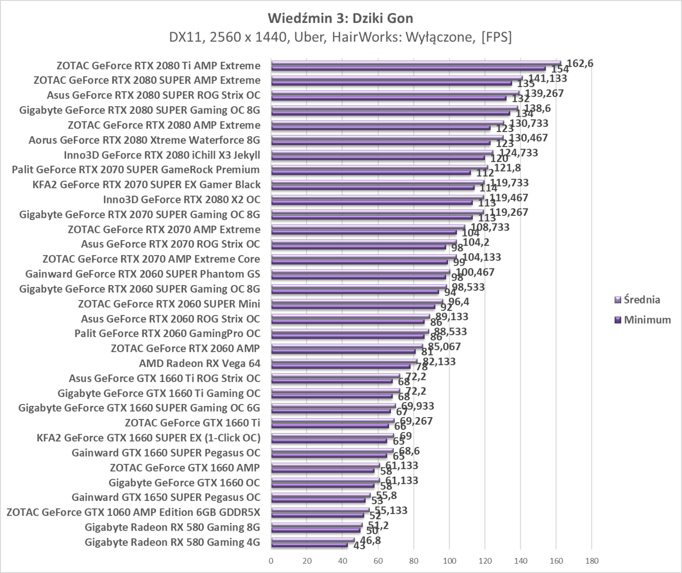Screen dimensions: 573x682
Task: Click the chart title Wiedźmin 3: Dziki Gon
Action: coord(340,19)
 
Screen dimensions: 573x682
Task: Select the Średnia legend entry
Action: coord(642,300)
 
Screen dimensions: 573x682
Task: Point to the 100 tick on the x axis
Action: coord(449,560)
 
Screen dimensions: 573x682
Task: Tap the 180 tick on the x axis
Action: coord(591,560)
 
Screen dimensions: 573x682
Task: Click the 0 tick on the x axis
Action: coord(271,560)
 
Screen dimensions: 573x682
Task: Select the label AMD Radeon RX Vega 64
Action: coord(200,363)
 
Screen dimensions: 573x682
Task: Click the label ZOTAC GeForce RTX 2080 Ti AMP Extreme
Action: coord(158,65)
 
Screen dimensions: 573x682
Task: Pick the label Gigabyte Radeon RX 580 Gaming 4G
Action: coord(172,542)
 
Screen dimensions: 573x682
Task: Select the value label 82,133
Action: coord(439,361)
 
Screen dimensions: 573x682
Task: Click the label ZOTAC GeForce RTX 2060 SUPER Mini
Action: coord(169,304)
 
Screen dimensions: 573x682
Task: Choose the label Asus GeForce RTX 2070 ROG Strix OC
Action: coord(170,244)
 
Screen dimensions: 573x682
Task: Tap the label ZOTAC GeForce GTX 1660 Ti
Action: coord(192,423)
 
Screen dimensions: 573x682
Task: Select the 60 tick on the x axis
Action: coord(378,560)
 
